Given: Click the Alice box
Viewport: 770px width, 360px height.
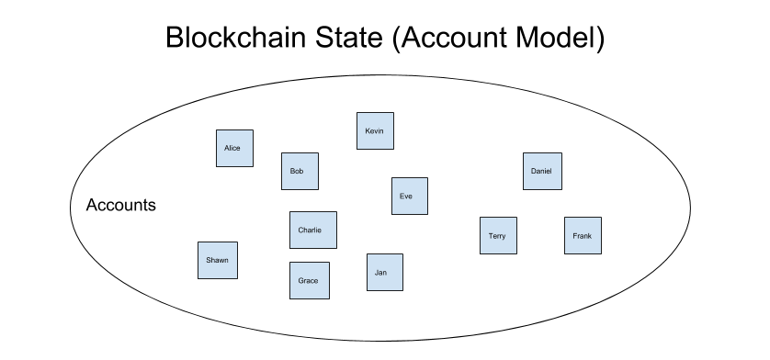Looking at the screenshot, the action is [x=234, y=148].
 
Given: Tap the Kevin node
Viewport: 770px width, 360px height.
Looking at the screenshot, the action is [x=375, y=130].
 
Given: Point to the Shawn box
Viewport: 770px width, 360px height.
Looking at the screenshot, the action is [x=218, y=260].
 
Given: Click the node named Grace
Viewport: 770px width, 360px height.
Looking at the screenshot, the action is [x=309, y=280].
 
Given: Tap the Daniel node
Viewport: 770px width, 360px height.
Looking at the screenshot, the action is [x=542, y=171].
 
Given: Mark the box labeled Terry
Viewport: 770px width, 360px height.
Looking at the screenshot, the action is [x=498, y=235].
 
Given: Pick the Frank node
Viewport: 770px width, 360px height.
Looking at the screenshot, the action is [x=583, y=235].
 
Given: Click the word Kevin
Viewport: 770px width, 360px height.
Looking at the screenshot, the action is [x=374, y=131].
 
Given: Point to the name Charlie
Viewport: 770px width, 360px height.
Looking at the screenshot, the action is [x=310, y=231].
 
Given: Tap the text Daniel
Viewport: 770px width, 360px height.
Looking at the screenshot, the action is [x=541, y=172].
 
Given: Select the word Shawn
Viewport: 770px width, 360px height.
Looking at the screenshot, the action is [x=217, y=261].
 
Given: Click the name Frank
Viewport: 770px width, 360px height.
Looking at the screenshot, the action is [x=582, y=236].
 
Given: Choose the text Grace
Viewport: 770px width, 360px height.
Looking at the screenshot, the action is [x=308, y=281].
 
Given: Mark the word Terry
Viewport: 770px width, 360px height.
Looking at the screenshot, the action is [x=497, y=236].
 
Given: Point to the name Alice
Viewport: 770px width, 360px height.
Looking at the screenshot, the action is [x=232, y=149].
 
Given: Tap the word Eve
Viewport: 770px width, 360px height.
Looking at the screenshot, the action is [x=406, y=197].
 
